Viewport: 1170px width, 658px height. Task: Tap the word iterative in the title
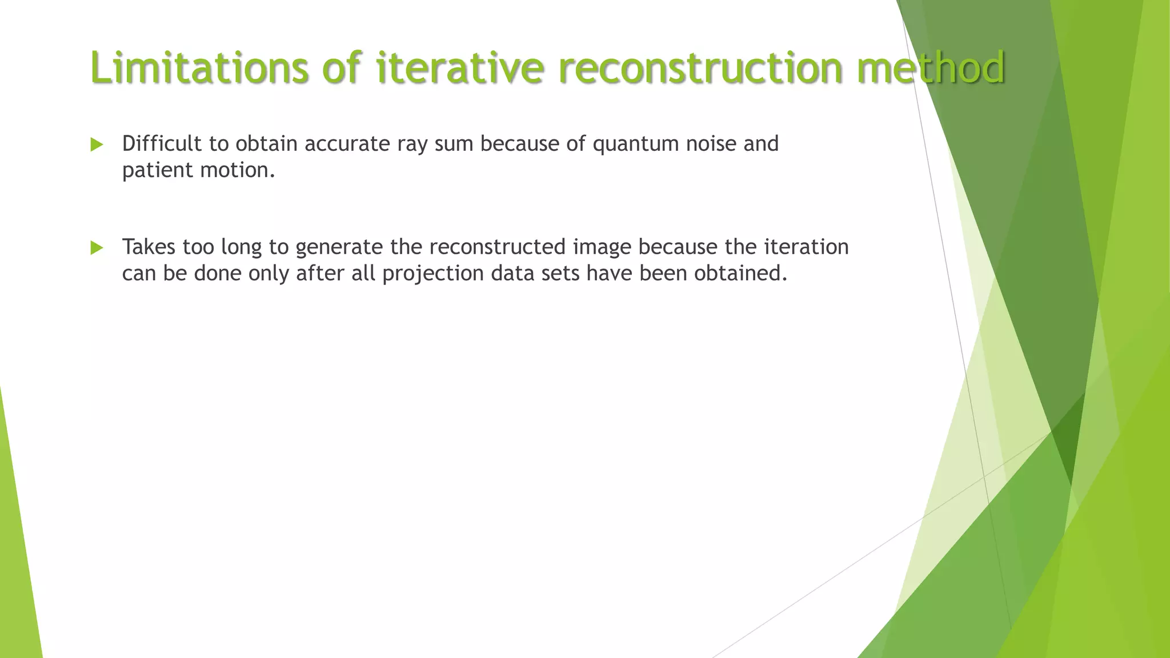point(460,67)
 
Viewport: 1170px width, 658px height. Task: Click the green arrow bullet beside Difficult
point(97,145)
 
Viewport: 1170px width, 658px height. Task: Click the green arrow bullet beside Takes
point(97,248)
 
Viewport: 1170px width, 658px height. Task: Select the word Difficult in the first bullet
point(162,143)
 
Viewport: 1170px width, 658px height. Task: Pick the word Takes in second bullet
point(149,247)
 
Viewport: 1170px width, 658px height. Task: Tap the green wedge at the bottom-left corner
point(17,571)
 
